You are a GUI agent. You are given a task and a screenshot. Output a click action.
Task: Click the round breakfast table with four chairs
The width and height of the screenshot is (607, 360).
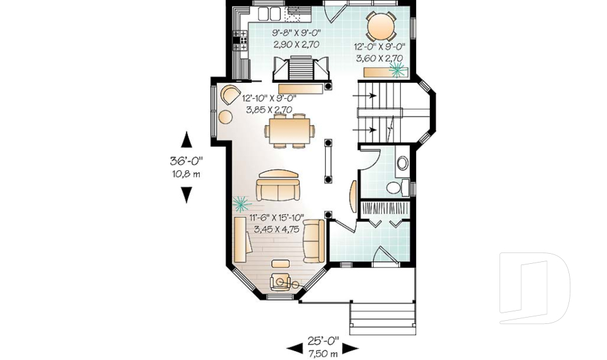(x=381, y=27)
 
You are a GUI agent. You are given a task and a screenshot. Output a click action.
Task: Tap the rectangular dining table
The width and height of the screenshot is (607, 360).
(x=289, y=130)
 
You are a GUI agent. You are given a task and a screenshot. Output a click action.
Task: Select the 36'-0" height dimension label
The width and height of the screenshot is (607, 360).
(x=186, y=161)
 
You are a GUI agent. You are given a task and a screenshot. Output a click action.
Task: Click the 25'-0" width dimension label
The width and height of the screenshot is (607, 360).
(x=323, y=340)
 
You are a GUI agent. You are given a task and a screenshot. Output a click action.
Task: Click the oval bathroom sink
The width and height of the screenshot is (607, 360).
(x=403, y=163)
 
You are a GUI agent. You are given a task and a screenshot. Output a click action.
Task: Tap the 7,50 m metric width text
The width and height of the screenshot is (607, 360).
(x=323, y=354)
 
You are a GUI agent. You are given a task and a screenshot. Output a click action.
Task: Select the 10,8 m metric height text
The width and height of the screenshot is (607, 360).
(x=186, y=174)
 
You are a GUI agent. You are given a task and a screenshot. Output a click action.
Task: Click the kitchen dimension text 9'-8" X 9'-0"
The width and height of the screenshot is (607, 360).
(x=297, y=32)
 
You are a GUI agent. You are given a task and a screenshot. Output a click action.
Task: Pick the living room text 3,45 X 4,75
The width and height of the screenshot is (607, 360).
(x=276, y=229)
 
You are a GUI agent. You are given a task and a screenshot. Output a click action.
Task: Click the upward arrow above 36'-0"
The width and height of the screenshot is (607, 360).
(x=187, y=139)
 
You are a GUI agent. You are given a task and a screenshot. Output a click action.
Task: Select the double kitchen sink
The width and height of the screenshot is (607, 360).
(x=269, y=13)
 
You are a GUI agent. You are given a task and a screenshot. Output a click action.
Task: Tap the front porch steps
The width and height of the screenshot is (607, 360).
(x=383, y=318)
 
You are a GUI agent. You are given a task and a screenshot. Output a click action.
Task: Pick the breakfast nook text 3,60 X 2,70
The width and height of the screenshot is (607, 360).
(x=379, y=58)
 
